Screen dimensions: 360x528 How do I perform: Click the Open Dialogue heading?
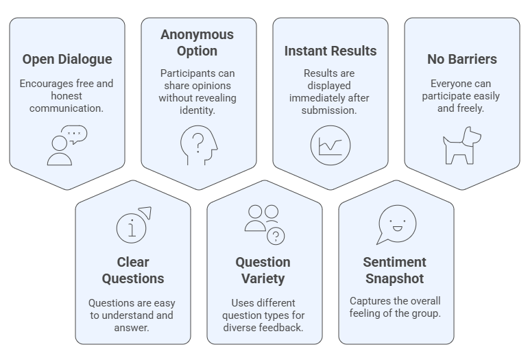(x=67, y=60)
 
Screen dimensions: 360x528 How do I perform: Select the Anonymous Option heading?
(x=197, y=43)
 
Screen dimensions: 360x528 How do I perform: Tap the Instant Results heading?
(x=331, y=51)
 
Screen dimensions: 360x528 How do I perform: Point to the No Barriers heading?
(x=461, y=60)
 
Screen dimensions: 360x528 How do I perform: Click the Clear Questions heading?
(x=133, y=270)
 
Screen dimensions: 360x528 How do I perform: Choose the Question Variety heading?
(x=263, y=270)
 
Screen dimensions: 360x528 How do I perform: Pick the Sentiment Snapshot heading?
(x=396, y=270)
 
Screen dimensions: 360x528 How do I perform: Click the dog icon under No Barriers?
(x=461, y=145)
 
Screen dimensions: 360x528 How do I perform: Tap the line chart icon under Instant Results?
(x=331, y=145)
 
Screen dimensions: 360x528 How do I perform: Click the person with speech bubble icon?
(x=67, y=145)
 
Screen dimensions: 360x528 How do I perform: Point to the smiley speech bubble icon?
(x=396, y=224)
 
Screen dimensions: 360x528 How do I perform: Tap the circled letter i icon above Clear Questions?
(x=132, y=226)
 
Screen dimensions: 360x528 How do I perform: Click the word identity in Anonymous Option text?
(x=197, y=110)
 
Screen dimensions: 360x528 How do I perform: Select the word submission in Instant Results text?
(x=331, y=110)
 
